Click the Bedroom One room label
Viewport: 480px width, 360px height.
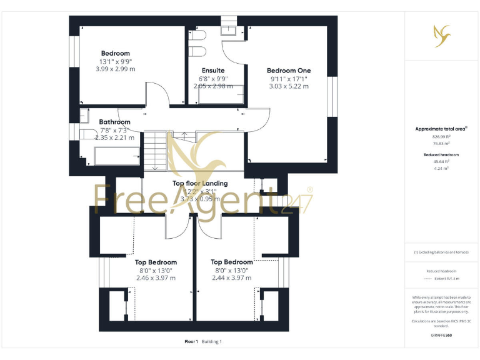pos(288,71)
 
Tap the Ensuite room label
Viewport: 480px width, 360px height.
pos(213,71)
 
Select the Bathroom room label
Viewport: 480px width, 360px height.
pos(115,122)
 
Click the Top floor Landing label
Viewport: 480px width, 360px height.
pos(200,183)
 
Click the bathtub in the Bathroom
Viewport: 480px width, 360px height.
pos(116,156)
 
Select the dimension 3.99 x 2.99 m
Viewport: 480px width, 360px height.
pos(116,69)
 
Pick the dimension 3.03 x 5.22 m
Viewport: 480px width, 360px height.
pos(288,86)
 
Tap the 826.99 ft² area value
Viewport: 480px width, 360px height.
pos(441,136)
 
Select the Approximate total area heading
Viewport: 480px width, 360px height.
pos(441,129)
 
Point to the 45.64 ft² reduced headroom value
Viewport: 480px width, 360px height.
pos(441,161)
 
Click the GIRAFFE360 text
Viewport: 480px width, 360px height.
pos(441,336)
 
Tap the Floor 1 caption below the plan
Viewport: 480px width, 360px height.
pos(191,342)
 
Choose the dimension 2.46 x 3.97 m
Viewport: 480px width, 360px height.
pos(156,278)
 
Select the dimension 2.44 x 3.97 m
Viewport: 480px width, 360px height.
pos(231,278)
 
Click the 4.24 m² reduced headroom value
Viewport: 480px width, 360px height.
pos(441,167)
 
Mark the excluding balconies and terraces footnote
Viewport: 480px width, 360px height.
pos(441,252)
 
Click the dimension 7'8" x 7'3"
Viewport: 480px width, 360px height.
pos(114,130)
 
